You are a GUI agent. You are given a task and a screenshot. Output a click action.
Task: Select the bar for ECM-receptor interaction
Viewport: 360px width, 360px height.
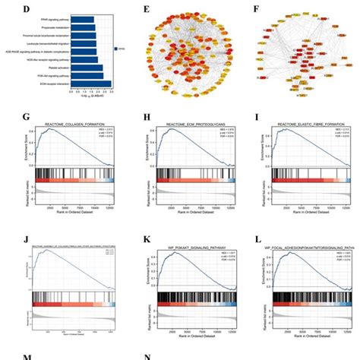[90, 84]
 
